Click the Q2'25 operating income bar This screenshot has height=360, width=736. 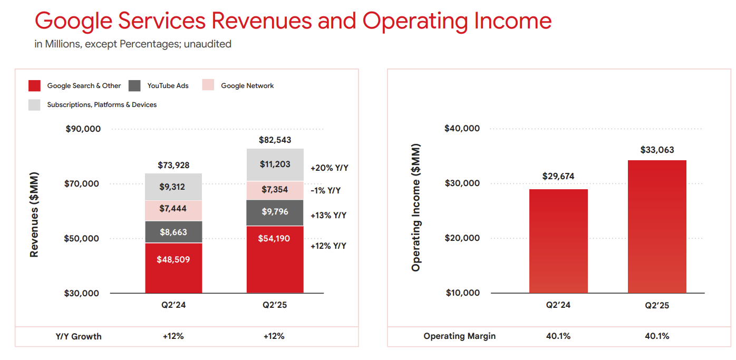click(657, 227)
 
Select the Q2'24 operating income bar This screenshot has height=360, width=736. click(558, 241)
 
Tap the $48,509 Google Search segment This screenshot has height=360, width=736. click(173, 268)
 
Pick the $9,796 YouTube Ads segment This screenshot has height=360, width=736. click(275, 212)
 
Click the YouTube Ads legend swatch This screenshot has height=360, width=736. click(134, 85)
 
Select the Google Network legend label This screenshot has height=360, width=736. click(247, 86)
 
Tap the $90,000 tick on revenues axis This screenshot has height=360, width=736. click(83, 129)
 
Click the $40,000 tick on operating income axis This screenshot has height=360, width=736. click(462, 129)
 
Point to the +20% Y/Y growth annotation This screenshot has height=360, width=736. click(330, 168)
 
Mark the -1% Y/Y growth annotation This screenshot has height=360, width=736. click(325, 190)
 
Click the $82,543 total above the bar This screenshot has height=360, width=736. click(275, 140)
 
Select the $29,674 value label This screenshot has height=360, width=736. click(558, 177)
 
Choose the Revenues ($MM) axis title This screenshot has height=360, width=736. click(34, 215)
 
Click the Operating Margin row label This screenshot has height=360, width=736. click(459, 336)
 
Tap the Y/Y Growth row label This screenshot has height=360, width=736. click(79, 336)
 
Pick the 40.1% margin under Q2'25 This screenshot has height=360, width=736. click(656, 336)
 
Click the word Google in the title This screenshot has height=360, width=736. click(74, 21)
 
